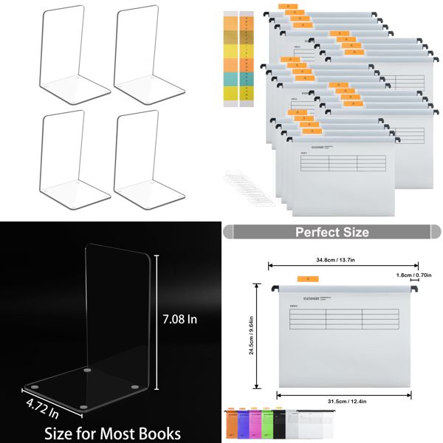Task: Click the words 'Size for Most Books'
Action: click(112, 432)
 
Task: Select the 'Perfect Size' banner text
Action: click(332, 232)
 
